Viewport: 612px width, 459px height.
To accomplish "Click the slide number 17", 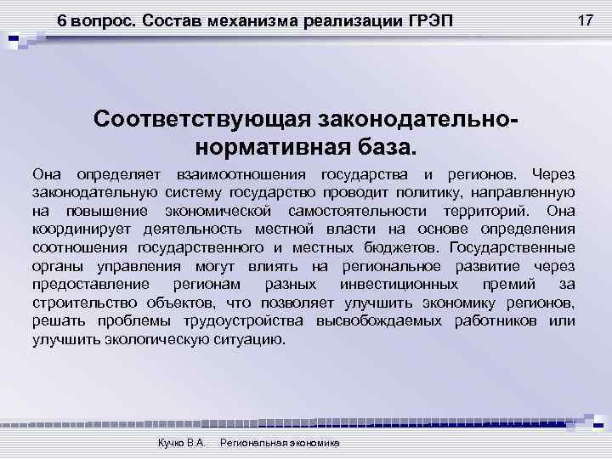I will tap(584, 20).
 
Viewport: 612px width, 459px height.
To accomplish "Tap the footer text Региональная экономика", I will tap(280, 444).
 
